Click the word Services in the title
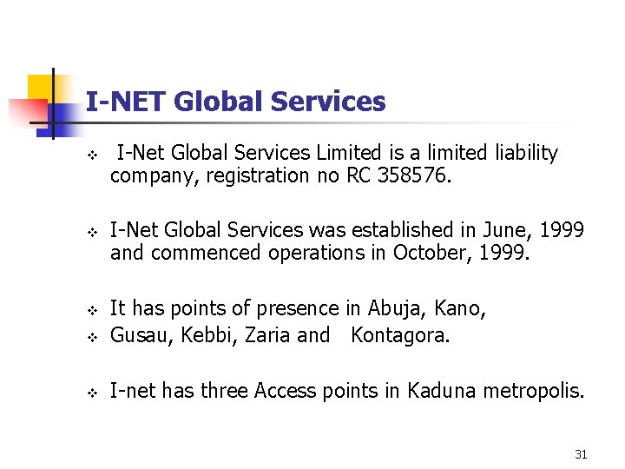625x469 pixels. [328, 102]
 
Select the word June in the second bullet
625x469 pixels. [506, 230]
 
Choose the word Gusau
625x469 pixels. [141, 335]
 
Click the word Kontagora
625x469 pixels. [400, 335]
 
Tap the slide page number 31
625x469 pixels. [581, 454]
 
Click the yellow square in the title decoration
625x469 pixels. [41, 88]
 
